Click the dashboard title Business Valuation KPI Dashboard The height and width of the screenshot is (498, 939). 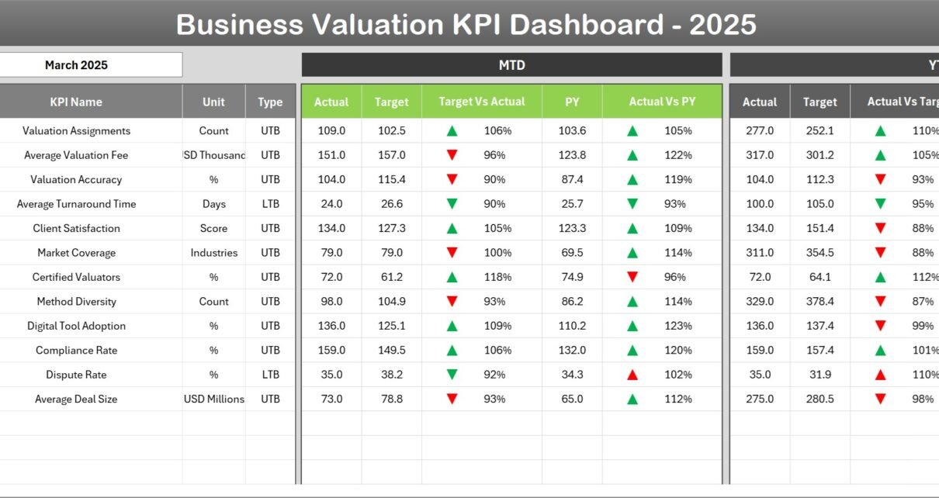(x=466, y=24)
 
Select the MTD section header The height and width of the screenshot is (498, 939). (x=511, y=65)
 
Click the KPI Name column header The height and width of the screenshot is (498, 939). (x=76, y=102)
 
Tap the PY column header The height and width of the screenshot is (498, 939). (x=572, y=102)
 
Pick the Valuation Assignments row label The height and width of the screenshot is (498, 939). (x=76, y=131)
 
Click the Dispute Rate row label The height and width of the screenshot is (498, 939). (x=76, y=375)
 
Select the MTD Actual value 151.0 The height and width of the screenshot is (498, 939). (x=331, y=155)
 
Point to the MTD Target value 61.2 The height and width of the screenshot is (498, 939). (x=391, y=277)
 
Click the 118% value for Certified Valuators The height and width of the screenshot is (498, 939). (x=497, y=277)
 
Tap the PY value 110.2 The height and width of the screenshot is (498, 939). (x=572, y=326)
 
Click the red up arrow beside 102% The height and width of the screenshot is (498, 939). (x=632, y=375)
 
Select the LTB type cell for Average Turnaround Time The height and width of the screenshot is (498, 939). (x=270, y=204)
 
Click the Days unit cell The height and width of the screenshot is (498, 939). (x=213, y=204)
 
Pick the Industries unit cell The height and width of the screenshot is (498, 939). (x=213, y=253)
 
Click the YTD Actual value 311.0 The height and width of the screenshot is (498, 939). (x=759, y=253)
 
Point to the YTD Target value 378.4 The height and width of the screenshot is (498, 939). (x=819, y=302)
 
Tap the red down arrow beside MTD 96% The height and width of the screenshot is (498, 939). (x=452, y=155)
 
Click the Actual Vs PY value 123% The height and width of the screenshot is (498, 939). (x=678, y=326)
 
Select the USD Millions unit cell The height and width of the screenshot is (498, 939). (x=213, y=399)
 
